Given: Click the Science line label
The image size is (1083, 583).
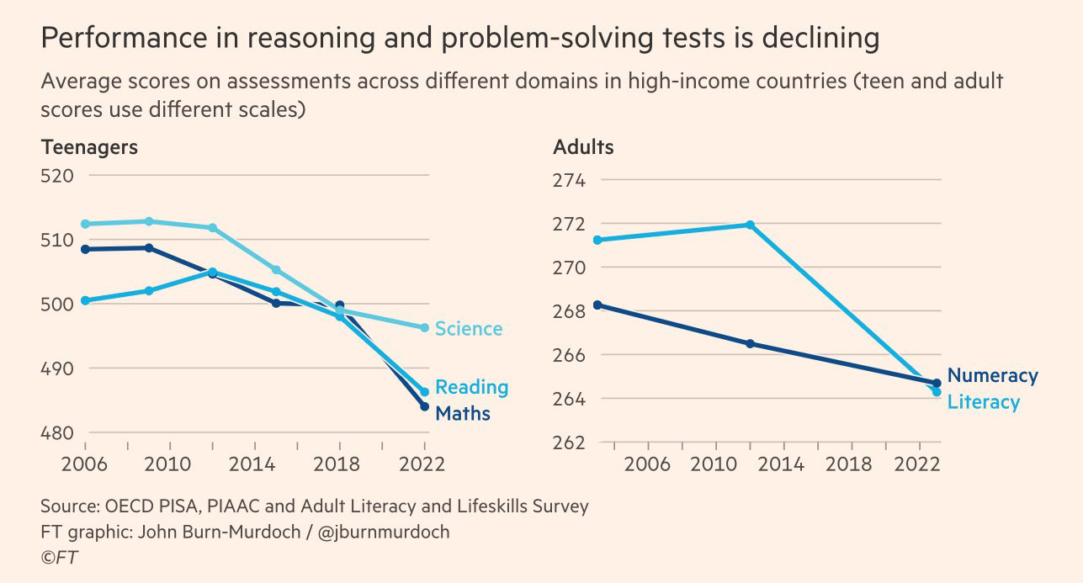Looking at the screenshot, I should tap(469, 329).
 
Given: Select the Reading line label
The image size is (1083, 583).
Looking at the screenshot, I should tap(471, 388).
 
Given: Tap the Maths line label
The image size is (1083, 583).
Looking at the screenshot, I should tap(462, 414).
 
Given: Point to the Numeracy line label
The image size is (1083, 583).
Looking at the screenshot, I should tap(992, 376).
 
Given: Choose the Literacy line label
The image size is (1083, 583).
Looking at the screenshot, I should tap(983, 402).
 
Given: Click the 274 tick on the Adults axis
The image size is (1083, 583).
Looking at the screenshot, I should tap(570, 181).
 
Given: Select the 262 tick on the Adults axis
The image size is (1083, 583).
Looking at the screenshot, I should tap(570, 443).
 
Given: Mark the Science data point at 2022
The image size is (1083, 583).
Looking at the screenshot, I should tap(425, 327).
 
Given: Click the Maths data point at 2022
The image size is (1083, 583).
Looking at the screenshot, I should tap(425, 406).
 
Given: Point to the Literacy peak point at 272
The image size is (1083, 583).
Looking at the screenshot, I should tap(750, 225).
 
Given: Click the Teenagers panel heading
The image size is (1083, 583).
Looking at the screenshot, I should tap(89, 147).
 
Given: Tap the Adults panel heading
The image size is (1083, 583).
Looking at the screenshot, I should tap(583, 147).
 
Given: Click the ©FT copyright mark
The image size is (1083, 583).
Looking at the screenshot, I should tap(60, 558).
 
